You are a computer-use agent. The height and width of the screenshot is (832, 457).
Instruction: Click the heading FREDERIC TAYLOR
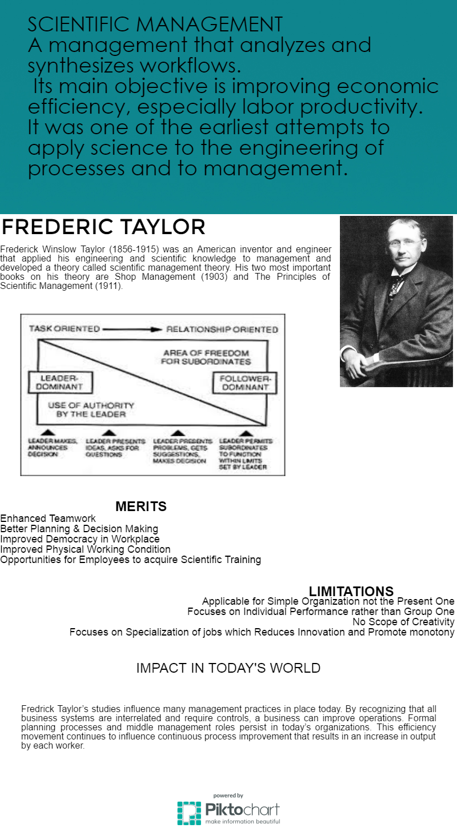click(103, 227)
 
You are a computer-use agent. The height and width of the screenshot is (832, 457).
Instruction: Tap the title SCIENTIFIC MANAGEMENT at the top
click(155, 25)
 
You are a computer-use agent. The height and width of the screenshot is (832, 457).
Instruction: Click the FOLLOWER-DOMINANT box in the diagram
click(244, 383)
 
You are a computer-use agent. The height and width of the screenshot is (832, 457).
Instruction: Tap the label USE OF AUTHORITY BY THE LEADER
click(91, 409)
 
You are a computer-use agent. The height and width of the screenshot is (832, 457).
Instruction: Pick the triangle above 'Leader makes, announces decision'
click(48, 433)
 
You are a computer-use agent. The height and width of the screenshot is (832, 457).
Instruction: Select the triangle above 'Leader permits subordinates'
click(246, 433)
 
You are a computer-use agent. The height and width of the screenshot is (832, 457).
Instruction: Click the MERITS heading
click(141, 507)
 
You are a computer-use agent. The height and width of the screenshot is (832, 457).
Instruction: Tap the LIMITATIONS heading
click(351, 591)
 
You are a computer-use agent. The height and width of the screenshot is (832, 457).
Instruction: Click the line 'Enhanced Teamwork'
click(48, 519)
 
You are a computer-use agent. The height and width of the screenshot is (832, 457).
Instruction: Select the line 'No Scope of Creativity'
click(403, 622)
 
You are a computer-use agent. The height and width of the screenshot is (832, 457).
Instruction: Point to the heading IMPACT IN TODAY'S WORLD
click(228, 668)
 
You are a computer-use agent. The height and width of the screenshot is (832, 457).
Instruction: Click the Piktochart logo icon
click(189, 813)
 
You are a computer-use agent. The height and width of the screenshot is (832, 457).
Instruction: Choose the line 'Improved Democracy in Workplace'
click(80, 539)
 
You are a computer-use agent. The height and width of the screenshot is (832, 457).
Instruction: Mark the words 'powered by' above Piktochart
click(228, 795)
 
